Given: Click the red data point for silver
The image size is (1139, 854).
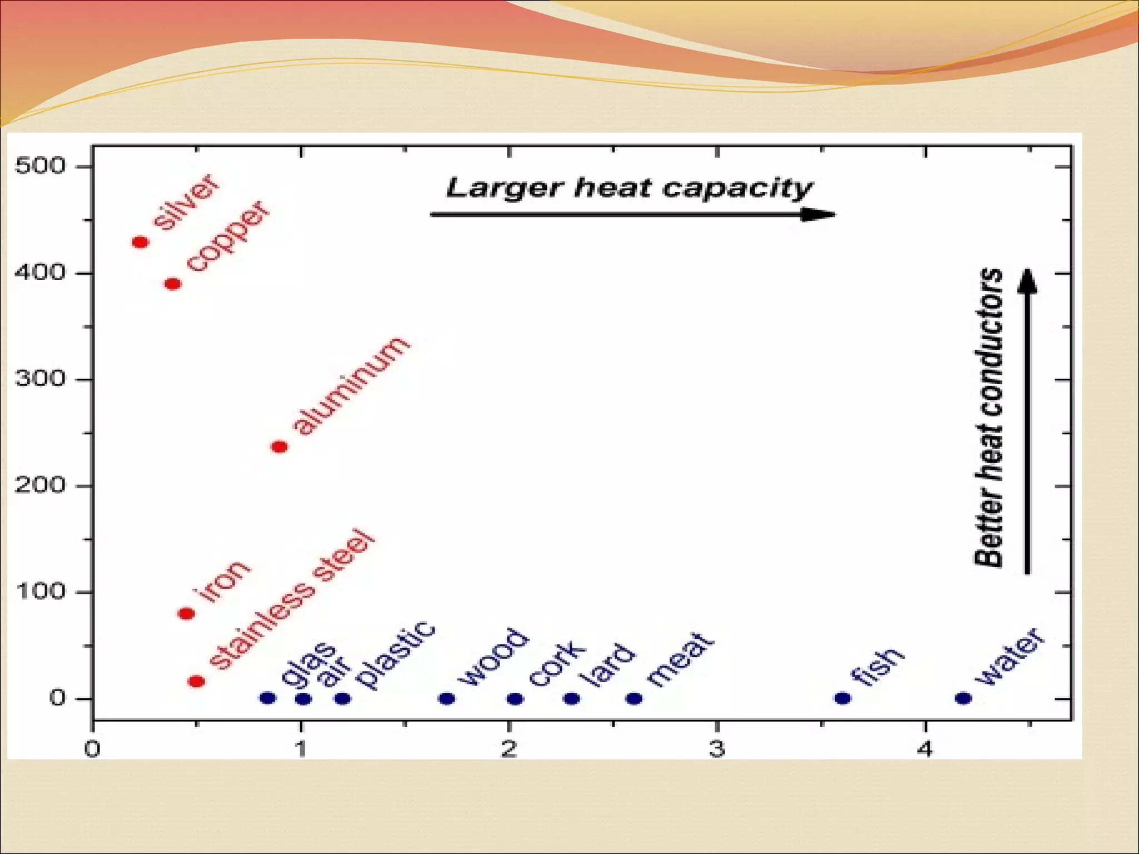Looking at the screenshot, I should point(140,242).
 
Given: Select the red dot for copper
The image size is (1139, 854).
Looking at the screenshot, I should point(173,284).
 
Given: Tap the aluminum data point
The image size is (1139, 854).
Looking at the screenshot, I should point(279,446).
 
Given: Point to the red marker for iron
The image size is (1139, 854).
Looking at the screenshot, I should point(186,613).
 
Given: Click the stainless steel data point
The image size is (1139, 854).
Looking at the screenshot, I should point(196,681).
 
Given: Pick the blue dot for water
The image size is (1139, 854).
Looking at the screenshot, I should point(963,698).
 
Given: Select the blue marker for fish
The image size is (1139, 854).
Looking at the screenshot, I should point(843,698).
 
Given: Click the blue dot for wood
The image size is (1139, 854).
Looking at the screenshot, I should point(447,698).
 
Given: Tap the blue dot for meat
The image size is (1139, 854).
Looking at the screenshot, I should point(634,698).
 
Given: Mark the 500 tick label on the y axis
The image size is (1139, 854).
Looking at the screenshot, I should point(40,166).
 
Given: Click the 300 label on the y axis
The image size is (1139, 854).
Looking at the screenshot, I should point(40,380).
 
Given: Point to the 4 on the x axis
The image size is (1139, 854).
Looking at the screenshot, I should point(925,749).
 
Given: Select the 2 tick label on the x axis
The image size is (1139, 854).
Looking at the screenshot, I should point(509,749).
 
